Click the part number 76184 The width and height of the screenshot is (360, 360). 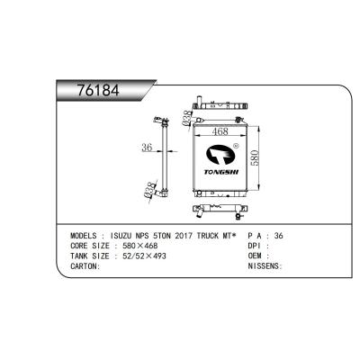[98, 90]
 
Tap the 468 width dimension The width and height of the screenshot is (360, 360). [220, 131]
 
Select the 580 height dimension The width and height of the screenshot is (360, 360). [255, 157]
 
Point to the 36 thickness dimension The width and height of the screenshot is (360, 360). [147, 148]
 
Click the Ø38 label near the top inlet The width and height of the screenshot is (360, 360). [186, 118]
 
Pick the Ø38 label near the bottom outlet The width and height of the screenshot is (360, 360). [150, 190]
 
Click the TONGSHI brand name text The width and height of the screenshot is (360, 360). [221, 172]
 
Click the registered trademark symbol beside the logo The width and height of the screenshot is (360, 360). [236, 146]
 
